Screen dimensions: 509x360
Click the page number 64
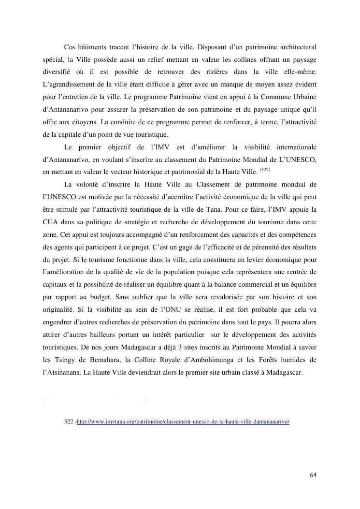[313, 475]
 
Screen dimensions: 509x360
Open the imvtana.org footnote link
[183, 422]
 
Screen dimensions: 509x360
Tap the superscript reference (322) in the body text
[265, 170]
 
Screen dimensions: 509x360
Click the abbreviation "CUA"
[51, 221]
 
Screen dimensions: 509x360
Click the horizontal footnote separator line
[94, 400]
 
